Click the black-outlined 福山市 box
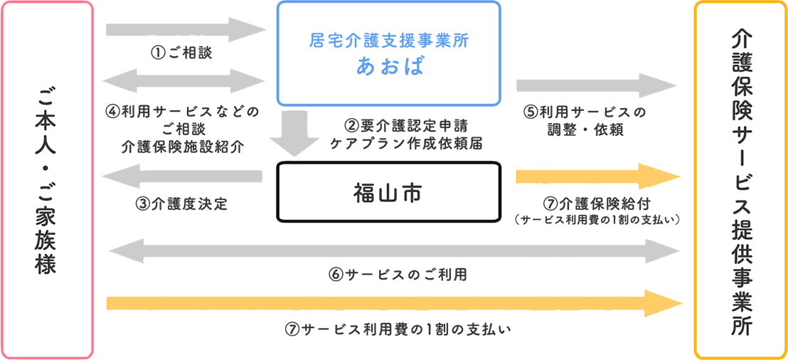[x=390, y=191]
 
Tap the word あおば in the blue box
[x=390, y=66]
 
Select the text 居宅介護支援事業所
[x=390, y=41]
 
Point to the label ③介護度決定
[x=181, y=204]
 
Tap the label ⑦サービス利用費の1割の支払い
[x=398, y=329]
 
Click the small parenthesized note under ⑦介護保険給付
[x=597, y=219]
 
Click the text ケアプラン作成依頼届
[x=406, y=143]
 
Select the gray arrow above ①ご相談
[x=186, y=30]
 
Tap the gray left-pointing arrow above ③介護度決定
[x=182, y=176]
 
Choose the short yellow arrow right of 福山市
[x=599, y=176]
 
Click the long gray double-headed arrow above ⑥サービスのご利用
[x=395, y=250]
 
